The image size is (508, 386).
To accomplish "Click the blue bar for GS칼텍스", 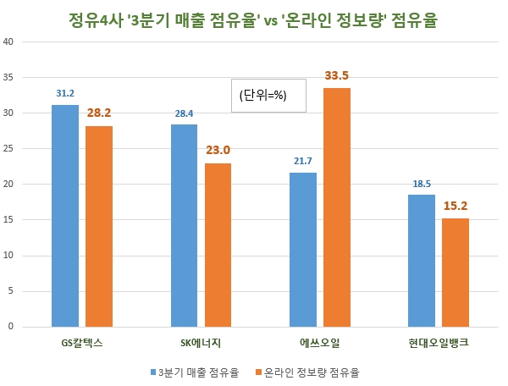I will [x=65, y=216].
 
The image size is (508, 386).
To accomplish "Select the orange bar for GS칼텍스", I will [x=99, y=226].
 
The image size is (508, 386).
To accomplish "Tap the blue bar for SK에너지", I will [x=184, y=225].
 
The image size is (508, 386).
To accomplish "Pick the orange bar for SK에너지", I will [x=218, y=245].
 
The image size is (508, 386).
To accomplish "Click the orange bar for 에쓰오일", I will [x=337, y=207].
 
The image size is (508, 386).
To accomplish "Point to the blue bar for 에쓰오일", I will [x=302, y=250].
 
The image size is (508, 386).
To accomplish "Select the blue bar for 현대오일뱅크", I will [x=422, y=261].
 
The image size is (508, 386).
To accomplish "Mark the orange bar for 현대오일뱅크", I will [x=456, y=273].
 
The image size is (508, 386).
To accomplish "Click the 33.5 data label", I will [x=337, y=76].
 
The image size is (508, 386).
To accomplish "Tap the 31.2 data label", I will [x=65, y=93].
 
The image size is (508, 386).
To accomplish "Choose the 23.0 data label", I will [x=218, y=151].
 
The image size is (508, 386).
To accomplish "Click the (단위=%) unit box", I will [x=262, y=96].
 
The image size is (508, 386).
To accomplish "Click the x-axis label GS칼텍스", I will [x=82, y=344].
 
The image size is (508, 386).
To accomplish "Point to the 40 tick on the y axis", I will [x=10, y=42].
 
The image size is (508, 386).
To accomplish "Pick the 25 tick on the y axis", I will [x=10, y=149].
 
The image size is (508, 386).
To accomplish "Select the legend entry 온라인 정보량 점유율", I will [x=311, y=372].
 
